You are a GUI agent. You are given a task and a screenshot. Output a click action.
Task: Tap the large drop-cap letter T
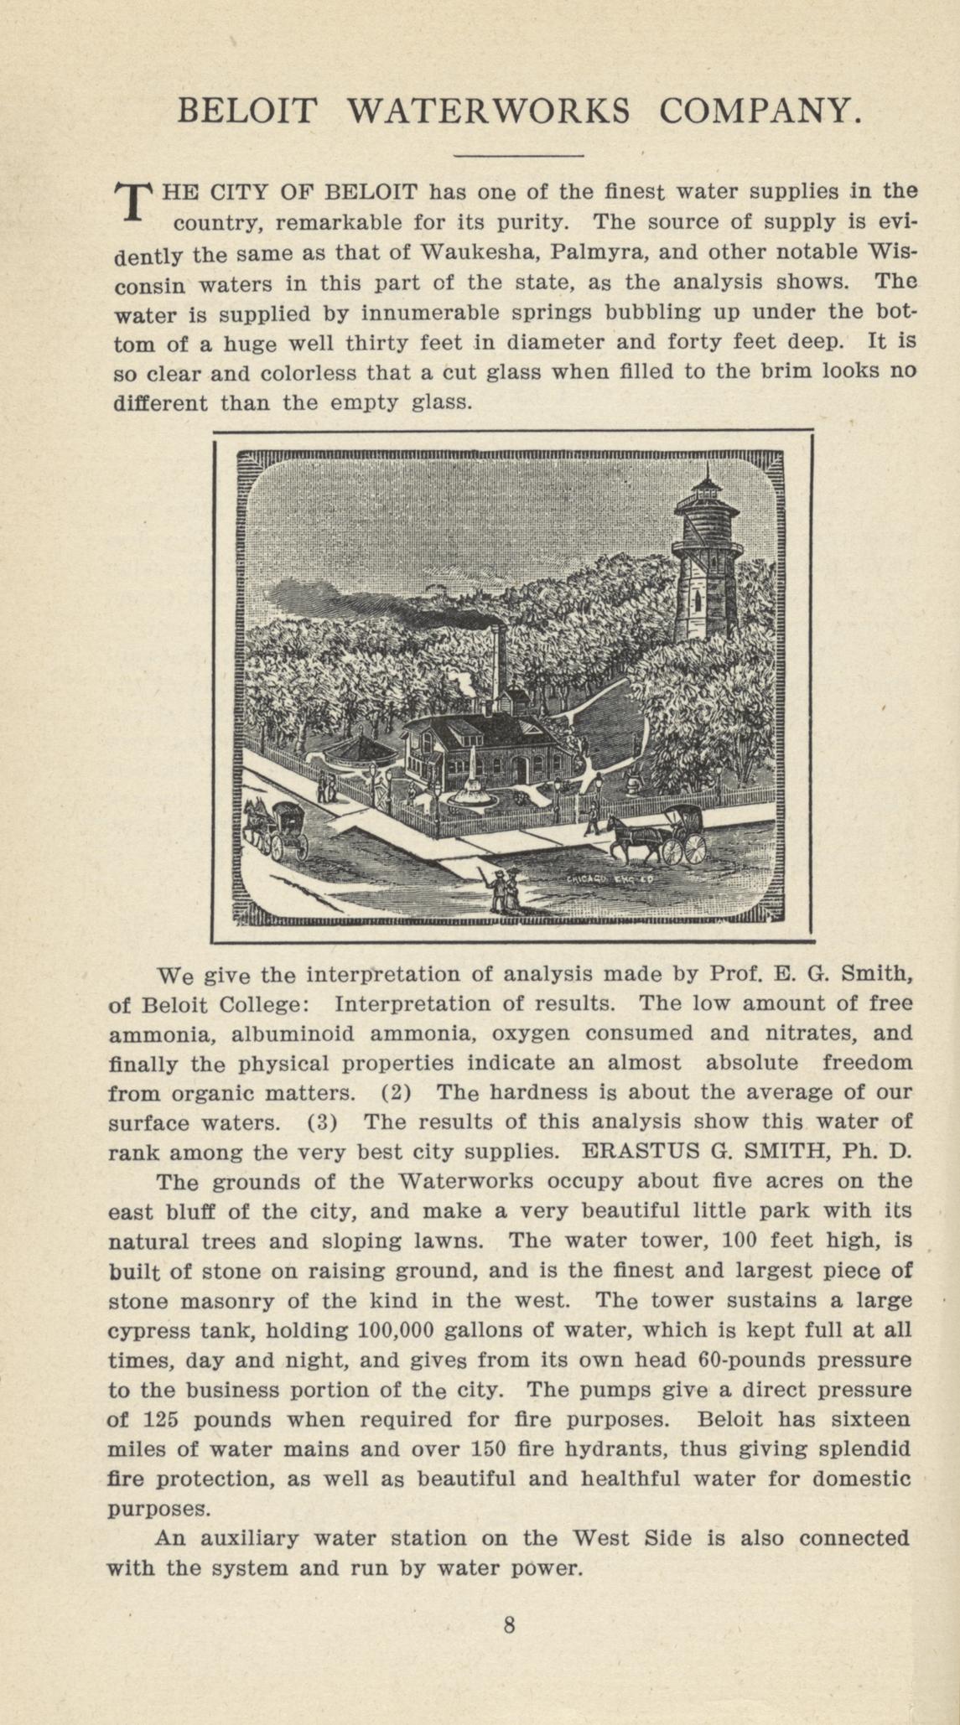132,201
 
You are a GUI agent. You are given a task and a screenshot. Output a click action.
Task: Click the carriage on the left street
287,827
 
